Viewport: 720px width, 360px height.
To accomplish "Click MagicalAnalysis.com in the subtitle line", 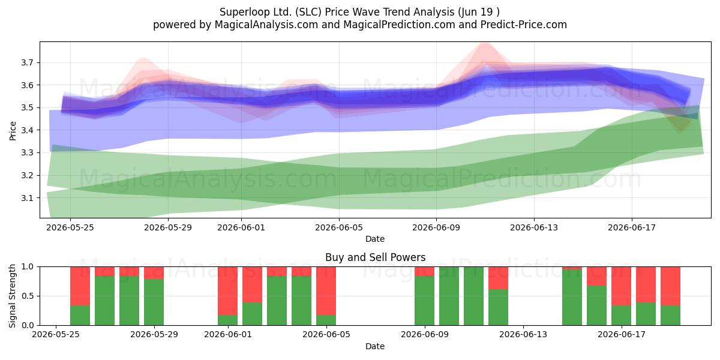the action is (x=266, y=25).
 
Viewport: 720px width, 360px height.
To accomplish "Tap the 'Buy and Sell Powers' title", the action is (x=375, y=257).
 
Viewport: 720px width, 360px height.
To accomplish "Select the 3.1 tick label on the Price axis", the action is (x=27, y=198).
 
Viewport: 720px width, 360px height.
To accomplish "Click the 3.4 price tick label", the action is (x=27, y=130).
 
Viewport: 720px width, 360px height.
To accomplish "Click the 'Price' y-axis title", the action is (x=13, y=131).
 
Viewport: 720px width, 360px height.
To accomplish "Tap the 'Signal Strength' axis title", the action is (x=12, y=296).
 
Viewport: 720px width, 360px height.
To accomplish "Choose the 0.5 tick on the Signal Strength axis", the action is (x=27, y=296).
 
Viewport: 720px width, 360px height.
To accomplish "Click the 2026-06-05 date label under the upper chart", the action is (x=339, y=227).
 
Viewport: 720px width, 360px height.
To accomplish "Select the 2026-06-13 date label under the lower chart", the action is (x=523, y=335).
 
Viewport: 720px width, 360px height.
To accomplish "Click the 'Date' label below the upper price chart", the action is (x=375, y=239).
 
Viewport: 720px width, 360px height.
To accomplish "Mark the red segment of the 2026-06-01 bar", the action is (x=227, y=291).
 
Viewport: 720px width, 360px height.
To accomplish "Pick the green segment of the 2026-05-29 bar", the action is (x=154, y=302).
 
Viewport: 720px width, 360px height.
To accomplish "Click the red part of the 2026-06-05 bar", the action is (x=326, y=291).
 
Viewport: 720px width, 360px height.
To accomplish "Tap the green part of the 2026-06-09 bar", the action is (x=424, y=301).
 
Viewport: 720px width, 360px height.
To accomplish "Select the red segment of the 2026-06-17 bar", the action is (x=621, y=286).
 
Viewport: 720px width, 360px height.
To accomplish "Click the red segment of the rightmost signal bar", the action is (x=671, y=286).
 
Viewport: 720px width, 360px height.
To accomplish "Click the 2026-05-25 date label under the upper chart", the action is (x=70, y=227).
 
